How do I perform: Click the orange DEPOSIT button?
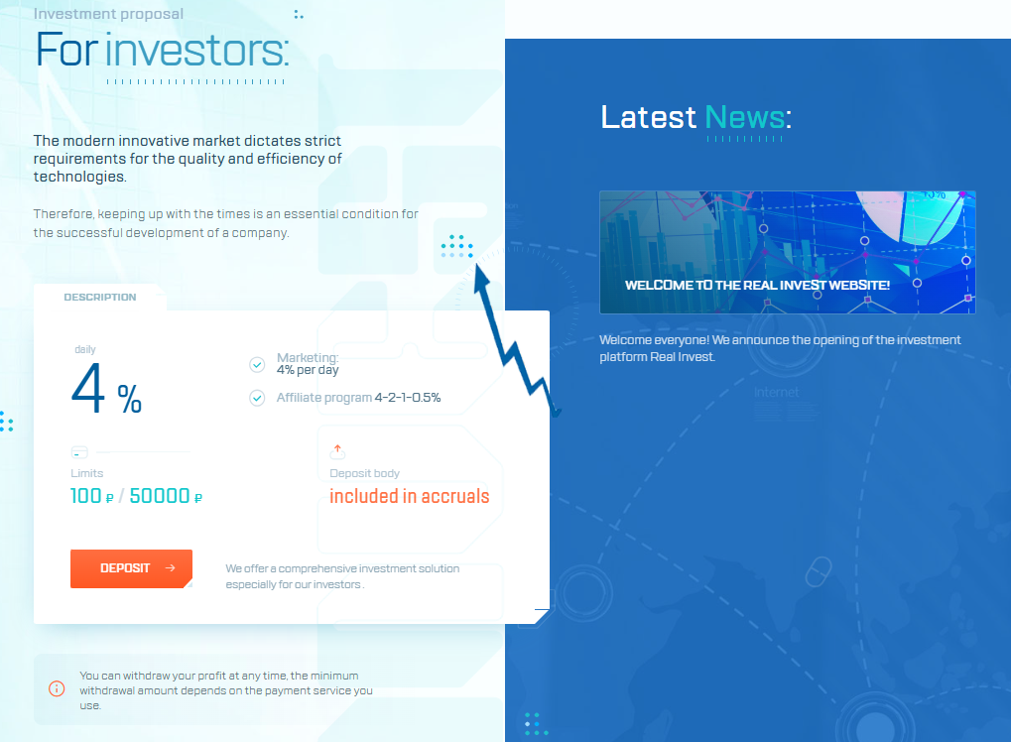pos(131,568)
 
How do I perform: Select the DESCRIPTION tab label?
pos(100,297)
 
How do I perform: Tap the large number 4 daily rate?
pos(88,389)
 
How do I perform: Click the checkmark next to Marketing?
pos(257,365)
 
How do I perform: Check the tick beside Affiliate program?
pos(257,398)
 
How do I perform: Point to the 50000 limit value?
pos(160,496)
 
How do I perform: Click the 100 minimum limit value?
pos(86,496)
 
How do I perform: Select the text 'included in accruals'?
pos(409,496)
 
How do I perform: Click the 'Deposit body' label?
pos(364,473)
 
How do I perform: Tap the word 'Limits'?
pos(86,473)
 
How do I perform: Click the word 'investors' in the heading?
pos(196,50)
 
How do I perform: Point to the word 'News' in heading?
pos(744,117)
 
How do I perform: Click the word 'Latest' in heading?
pos(649,117)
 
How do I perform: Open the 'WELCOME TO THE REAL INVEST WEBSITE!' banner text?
pos(757,285)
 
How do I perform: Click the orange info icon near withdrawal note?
pos(57,688)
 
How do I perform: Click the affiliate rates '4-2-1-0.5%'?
pos(407,398)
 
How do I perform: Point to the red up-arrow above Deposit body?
pos(337,449)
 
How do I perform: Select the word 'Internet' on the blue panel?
pos(776,393)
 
